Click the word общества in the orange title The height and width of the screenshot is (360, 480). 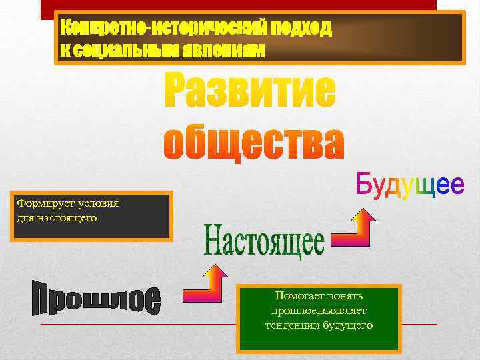click(253, 141)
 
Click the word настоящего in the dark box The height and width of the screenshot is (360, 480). click(66, 217)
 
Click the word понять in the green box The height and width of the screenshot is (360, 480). click(347, 296)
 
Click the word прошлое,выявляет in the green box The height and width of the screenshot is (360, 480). click(319, 311)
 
